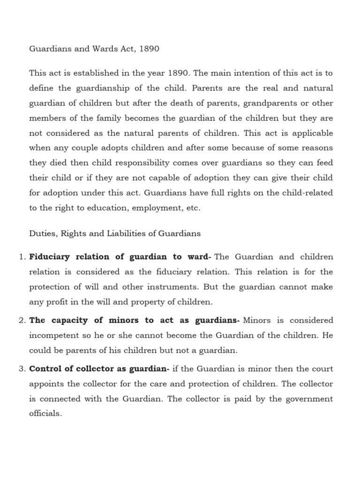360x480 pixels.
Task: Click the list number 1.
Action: (21, 257)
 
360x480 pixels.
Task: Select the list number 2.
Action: (21, 321)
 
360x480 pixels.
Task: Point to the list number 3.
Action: (21, 369)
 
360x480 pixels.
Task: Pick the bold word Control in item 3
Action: (45, 369)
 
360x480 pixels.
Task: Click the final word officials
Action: (45, 414)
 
